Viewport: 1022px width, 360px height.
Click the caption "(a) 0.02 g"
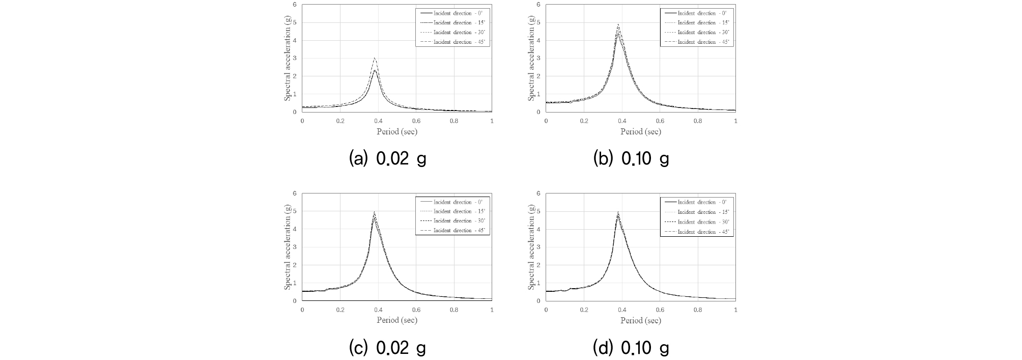click(x=388, y=159)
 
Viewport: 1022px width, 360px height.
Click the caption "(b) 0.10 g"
click(x=631, y=159)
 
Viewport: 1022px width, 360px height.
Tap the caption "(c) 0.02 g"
click(x=388, y=348)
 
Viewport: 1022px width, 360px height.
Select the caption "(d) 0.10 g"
click(x=631, y=348)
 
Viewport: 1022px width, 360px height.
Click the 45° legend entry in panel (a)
click(x=453, y=42)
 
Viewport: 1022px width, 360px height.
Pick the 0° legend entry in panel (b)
click(x=697, y=13)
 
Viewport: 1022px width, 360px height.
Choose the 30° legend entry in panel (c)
click(x=453, y=221)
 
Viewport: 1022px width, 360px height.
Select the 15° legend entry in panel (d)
click(x=697, y=212)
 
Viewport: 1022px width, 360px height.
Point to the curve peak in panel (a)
click(x=375, y=59)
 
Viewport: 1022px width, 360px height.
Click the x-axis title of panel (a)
click(x=397, y=131)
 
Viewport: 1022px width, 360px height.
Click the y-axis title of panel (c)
click(x=288, y=247)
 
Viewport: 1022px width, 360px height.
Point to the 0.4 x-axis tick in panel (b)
click(x=622, y=121)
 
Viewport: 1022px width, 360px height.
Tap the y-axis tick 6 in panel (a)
click(x=295, y=5)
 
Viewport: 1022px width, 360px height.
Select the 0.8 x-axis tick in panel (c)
click(x=454, y=310)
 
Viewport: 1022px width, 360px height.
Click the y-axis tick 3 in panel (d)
click(x=539, y=247)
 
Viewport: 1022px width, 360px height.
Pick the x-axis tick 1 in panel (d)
click(x=735, y=310)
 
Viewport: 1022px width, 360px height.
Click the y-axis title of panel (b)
click(x=531, y=58)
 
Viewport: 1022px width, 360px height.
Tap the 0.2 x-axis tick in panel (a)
click(x=340, y=121)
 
